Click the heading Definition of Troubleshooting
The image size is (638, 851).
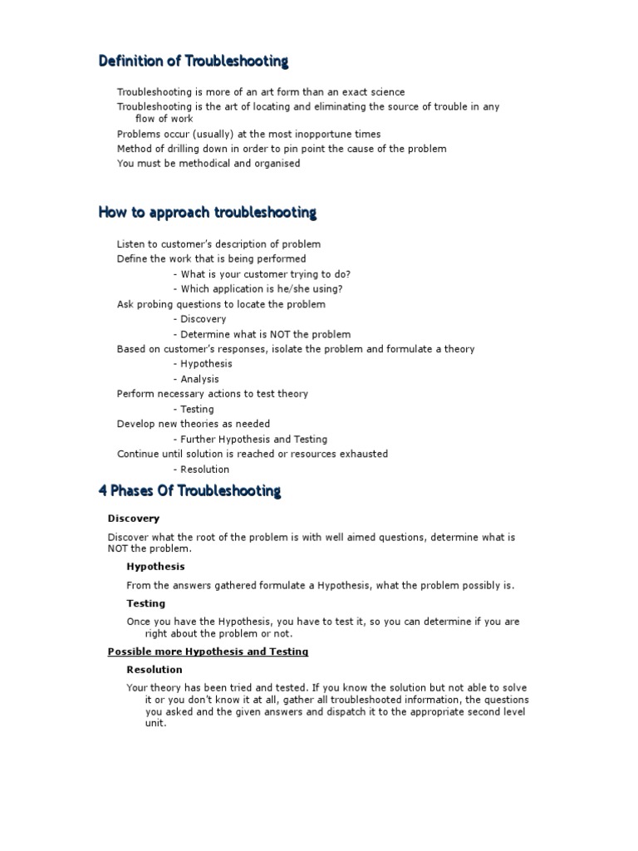194,61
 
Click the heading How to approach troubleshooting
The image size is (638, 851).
207,213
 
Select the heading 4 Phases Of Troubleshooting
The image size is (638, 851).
189,491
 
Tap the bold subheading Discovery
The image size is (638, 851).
133,519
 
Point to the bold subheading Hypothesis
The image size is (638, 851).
155,566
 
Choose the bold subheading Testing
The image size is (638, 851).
145,603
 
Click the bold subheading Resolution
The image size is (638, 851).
155,670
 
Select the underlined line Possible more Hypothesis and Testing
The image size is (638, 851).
208,652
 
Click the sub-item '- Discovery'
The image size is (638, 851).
199,319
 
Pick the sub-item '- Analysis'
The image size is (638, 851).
196,379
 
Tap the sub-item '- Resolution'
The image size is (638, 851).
201,470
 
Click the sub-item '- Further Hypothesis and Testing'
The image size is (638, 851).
250,440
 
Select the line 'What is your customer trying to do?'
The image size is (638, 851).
262,274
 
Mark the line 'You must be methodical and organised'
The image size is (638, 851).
209,164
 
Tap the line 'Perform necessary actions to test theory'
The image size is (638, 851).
212,394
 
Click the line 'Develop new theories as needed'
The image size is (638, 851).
193,424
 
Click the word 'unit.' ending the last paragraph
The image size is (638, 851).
156,723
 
